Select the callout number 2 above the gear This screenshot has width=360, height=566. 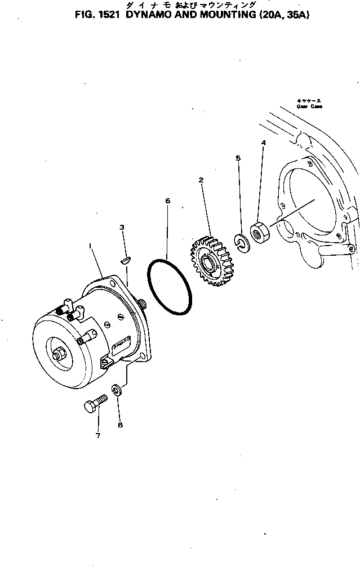(x=201, y=180)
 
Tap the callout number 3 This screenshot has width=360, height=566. (x=122, y=227)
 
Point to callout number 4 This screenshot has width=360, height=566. (x=263, y=144)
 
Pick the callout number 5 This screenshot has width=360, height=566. (x=238, y=159)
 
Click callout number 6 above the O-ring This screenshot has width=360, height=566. (x=167, y=200)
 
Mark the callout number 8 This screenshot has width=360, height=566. (x=120, y=425)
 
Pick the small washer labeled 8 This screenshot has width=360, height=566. (x=116, y=390)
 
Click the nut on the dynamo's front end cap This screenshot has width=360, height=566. (x=59, y=355)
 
